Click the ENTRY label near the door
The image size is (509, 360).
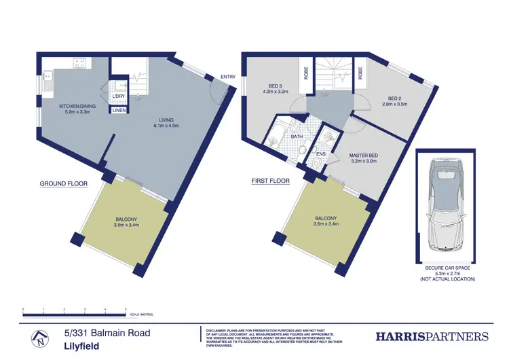pos(228,77)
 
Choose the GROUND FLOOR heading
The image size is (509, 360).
pos(62,184)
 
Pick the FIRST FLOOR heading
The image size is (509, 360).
pos(269,181)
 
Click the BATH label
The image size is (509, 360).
pos(297,136)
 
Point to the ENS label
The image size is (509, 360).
pos(322,153)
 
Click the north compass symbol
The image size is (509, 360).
pos(41,336)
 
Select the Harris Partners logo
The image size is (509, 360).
pos(432,336)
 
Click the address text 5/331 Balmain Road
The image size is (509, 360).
pos(107,333)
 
